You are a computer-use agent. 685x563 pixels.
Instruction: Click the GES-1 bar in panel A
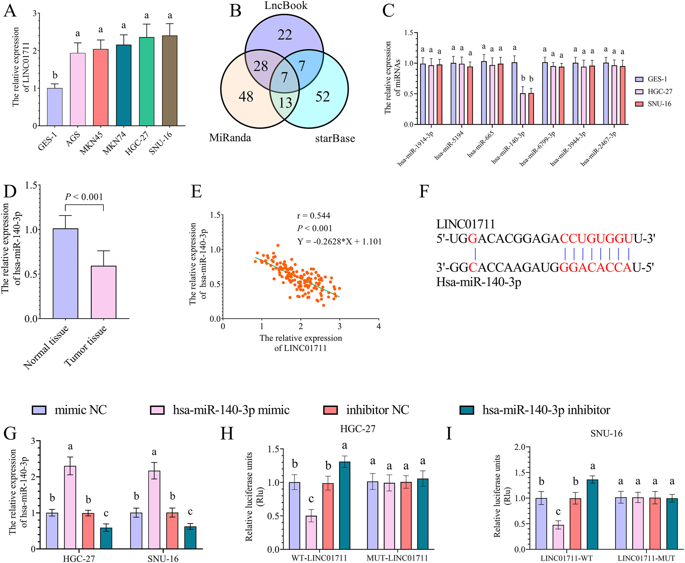pos(55,107)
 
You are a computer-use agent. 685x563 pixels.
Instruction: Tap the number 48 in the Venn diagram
pos(246,96)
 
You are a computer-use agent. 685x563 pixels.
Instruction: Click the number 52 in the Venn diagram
pos(323,96)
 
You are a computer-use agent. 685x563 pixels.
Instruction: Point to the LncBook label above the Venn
pos(286,5)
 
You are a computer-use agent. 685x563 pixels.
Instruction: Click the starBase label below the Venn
pos(335,139)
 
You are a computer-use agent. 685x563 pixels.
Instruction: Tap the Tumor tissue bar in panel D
pos(103,292)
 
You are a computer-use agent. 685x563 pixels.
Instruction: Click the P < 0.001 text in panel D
pos(84,197)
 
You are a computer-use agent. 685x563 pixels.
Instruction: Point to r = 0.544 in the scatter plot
pos(314,216)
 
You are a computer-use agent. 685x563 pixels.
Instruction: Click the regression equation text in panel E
pos(339,242)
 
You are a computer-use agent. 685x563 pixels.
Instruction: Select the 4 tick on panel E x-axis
pos(378,326)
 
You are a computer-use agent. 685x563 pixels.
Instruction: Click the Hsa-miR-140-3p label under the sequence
pos(479,282)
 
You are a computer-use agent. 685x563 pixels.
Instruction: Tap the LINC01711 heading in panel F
pos(465,224)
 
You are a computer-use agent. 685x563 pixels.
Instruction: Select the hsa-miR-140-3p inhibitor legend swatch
pos(467,410)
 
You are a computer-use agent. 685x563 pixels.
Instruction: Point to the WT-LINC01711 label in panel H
pos(319,558)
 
